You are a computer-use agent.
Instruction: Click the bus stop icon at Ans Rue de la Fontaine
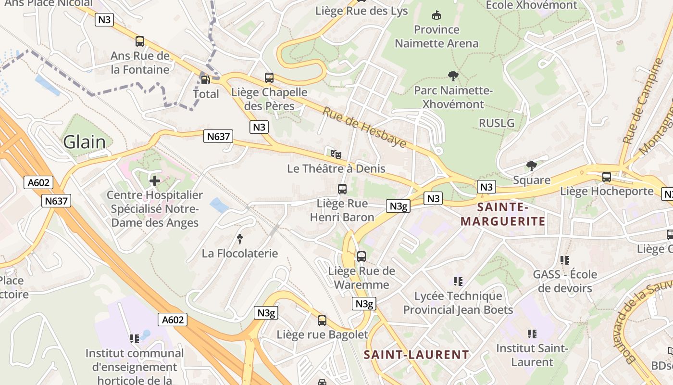click(x=140, y=41)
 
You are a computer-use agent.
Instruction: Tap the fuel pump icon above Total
click(x=205, y=79)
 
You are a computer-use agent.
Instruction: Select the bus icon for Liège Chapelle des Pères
click(x=269, y=77)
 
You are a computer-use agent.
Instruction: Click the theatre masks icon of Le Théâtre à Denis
click(x=336, y=154)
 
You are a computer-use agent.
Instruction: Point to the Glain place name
click(x=85, y=142)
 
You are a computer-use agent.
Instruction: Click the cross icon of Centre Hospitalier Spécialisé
click(x=155, y=181)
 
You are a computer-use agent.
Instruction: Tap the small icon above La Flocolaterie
click(x=239, y=239)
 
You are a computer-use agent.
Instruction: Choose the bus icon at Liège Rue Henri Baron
click(x=342, y=189)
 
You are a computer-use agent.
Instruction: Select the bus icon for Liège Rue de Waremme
click(x=361, y=257)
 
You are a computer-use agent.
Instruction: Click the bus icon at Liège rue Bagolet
click(x=322, y=321)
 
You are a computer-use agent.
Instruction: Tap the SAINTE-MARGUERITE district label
click(x=503, y=214)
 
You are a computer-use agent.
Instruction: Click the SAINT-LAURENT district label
click(x=416, y=355)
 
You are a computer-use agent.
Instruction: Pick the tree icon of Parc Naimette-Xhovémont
click(x=453, y=76)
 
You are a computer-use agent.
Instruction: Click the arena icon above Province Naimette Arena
click(x=436, y=15)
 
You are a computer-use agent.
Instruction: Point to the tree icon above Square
click(x=531, y=166)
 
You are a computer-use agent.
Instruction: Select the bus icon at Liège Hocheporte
click(x=607, y=177)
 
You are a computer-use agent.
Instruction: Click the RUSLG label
click(x=497, y=123)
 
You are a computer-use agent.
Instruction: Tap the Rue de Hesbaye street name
click(x=364, y=127)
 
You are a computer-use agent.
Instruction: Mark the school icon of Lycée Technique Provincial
click(x=458, y=281)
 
